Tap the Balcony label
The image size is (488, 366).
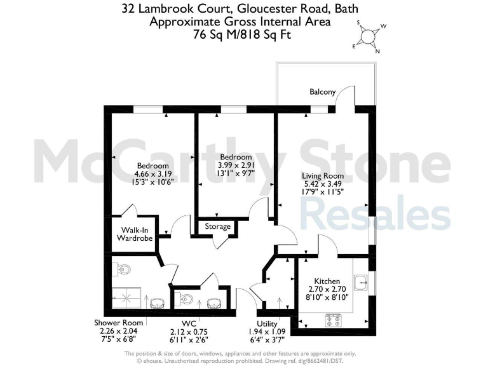322,92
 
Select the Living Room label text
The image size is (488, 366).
324,176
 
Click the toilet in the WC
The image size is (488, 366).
186,299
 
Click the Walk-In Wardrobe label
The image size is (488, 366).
134,234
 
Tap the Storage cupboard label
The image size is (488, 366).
217,227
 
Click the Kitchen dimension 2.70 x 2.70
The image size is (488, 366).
327,289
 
